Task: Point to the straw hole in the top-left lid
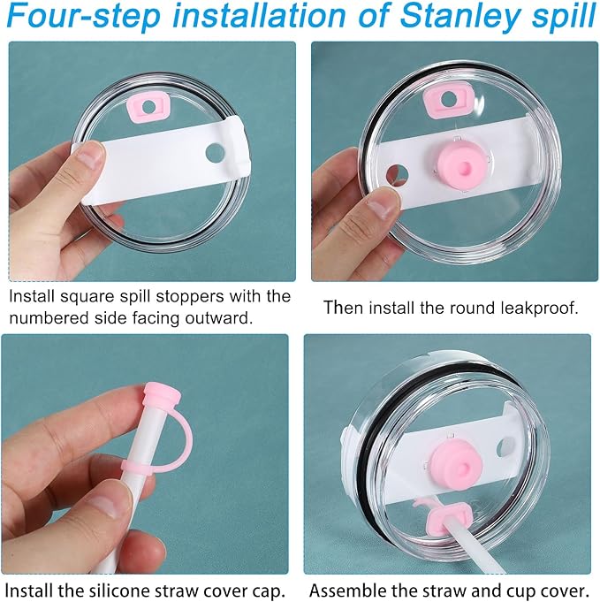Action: pos(215,152)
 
